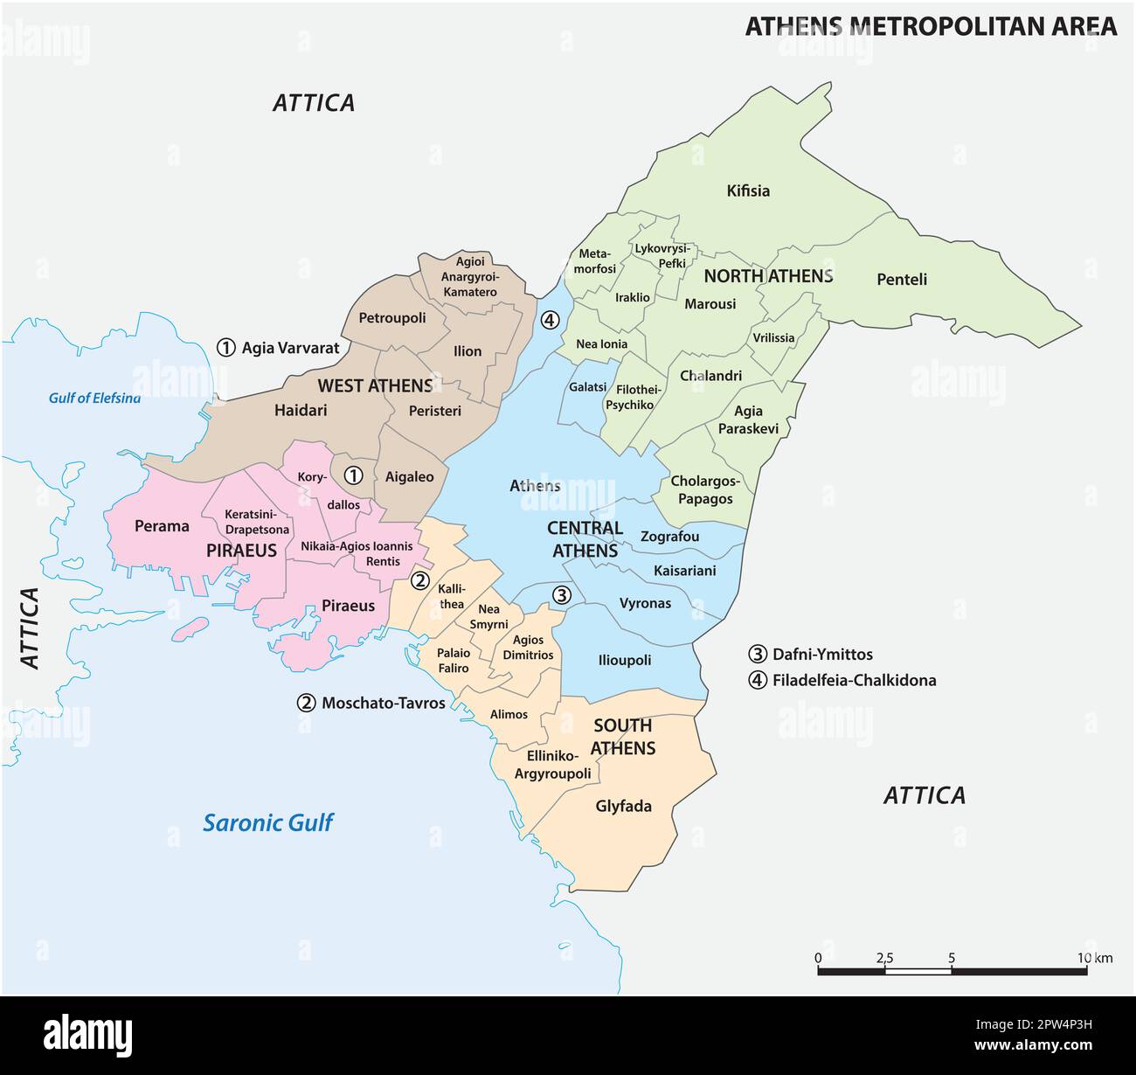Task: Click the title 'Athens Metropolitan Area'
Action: click(930, 26)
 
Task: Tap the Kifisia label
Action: click(748, 191)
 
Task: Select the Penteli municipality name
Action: click(901, 280)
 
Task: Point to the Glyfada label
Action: click(623, 806)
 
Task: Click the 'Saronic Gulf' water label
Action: click(267, 822)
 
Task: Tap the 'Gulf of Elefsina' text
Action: click(94, 399)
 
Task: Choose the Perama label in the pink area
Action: click(162, 525)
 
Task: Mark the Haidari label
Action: click(301, 409)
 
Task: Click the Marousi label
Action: click(710, 304)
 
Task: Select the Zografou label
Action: click(669, 537)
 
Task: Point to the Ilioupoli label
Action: click(624, 660)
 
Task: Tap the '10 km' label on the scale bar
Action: click(1094, 958)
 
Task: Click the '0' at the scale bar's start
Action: click(818, 958)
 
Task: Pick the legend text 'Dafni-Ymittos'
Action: click(821, 654)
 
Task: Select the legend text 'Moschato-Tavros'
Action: click(383, 703)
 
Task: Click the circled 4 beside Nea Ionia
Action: click(549, 320)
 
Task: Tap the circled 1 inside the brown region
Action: click(352, 475)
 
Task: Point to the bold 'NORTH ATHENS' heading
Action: click(768, 276)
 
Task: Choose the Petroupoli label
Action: click(392, 318)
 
